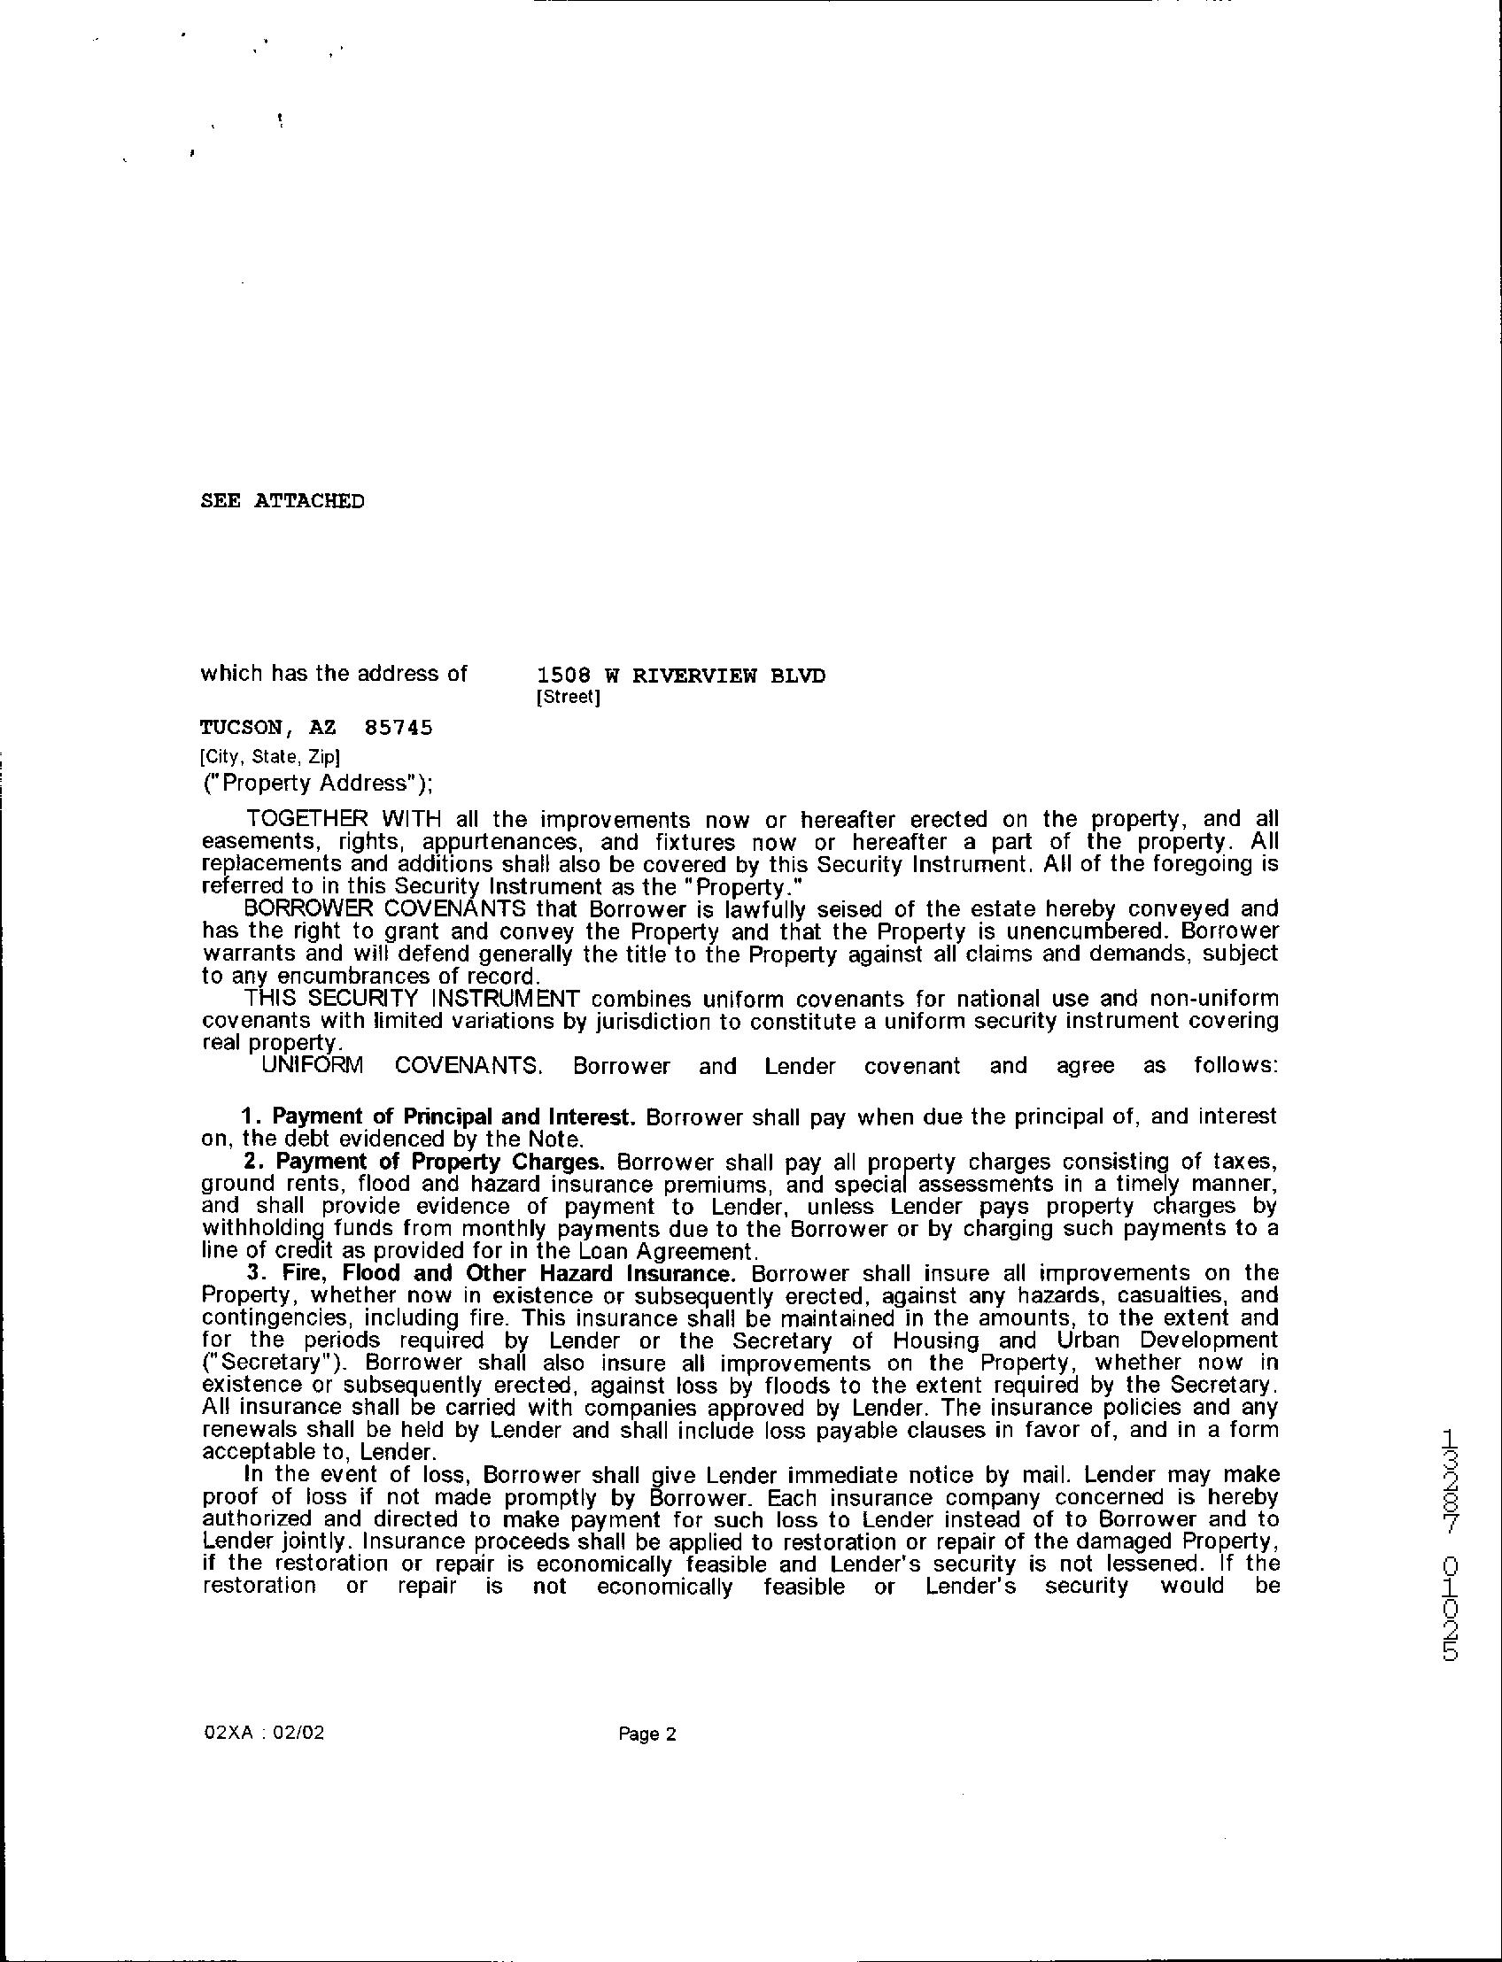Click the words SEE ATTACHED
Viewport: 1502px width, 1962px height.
(282, 500)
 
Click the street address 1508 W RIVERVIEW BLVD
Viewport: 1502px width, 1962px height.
(680, 675)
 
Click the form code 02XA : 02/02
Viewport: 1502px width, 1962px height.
(264, 1734)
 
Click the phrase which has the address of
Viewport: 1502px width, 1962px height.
(334, 673)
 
